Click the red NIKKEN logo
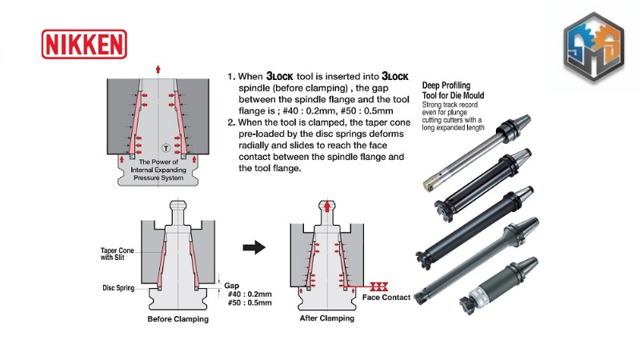83,43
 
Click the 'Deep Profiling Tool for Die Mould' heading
457,90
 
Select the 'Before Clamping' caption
178,319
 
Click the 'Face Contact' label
386,298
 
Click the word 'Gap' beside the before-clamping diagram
231,285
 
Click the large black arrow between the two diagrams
254,248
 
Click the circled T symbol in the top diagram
165,147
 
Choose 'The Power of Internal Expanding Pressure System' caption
158,170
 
